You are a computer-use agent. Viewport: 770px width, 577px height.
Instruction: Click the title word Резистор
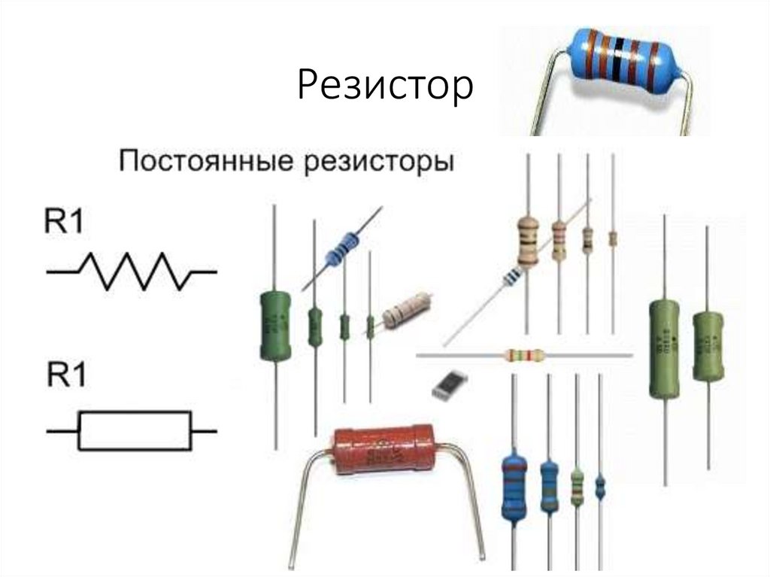(385, 85)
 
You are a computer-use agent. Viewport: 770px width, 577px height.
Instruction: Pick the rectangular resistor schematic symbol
(134, 431)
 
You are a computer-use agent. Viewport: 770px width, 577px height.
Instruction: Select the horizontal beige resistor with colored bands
(523, 354)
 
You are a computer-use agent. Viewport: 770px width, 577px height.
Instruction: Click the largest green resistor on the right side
(664, 347)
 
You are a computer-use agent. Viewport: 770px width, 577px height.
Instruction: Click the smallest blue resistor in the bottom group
(600, 487)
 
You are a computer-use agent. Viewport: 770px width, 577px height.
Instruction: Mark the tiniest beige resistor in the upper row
(613, 238)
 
